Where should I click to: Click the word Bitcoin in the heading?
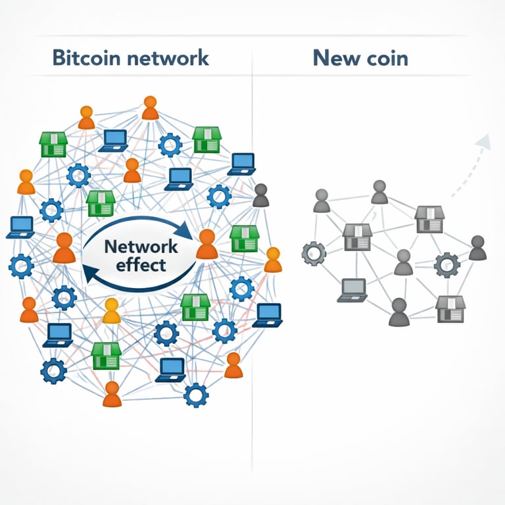(x=85, y=58)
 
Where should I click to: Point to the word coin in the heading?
(x=385, y=58)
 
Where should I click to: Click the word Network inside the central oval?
(x=141, y=247)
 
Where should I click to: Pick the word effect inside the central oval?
(x=141, y=266)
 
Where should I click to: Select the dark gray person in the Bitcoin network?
(x=261, y=195)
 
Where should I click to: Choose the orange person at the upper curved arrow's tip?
(x=206, y=244)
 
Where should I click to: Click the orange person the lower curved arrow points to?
(x=64, y=248)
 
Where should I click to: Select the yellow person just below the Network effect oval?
(x=112, y=311)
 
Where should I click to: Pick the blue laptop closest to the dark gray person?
(x=241, y=163)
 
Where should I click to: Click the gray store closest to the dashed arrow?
(x=429, y=219)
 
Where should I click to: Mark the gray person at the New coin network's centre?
(x=403, y=262)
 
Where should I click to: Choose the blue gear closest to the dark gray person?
(x=219, y=196)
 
